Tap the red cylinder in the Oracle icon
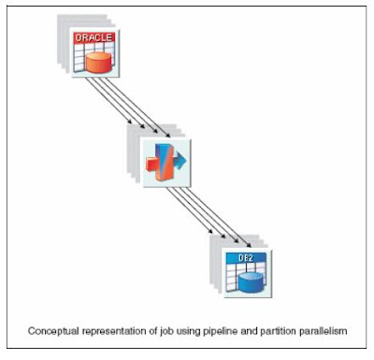tap(97, 60)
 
